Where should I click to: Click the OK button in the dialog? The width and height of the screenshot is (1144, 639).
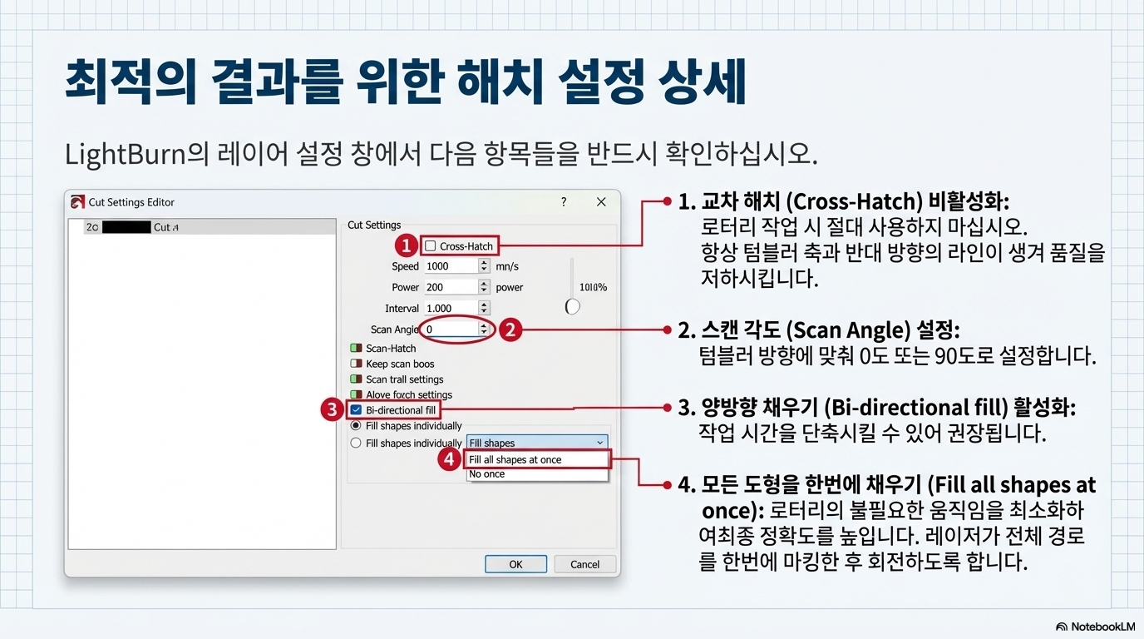(x=515, y=564)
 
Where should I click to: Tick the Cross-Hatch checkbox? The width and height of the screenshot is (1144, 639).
(x=431, y=246)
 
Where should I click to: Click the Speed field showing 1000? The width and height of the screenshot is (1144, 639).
(x=451, y=266)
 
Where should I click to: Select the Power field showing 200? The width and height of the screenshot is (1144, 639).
(x=451, y=287)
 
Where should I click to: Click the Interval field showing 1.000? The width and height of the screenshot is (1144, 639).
(x=451, y=308)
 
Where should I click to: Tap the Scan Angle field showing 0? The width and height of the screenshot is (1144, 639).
(x=451, y=329)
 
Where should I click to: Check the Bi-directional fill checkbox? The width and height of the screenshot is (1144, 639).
(x=356, y=410)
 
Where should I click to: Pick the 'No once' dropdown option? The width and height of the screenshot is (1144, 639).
(x=487, y=474)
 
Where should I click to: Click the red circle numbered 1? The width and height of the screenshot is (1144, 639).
(x=406, y=245)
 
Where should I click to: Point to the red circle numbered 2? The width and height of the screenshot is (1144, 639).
(x=510, y=329)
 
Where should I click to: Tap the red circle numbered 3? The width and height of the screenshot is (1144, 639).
(x=333, y=409)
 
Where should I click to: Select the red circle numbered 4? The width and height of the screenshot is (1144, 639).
(x=450, y=459)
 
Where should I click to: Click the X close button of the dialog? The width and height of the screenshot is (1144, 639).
(x=601, y=202)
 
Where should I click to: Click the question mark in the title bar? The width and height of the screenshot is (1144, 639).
(x=564, y=202)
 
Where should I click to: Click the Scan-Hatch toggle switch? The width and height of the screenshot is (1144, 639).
(x=356, y=349)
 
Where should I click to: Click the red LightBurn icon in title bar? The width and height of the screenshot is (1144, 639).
(x=77, y=202)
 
